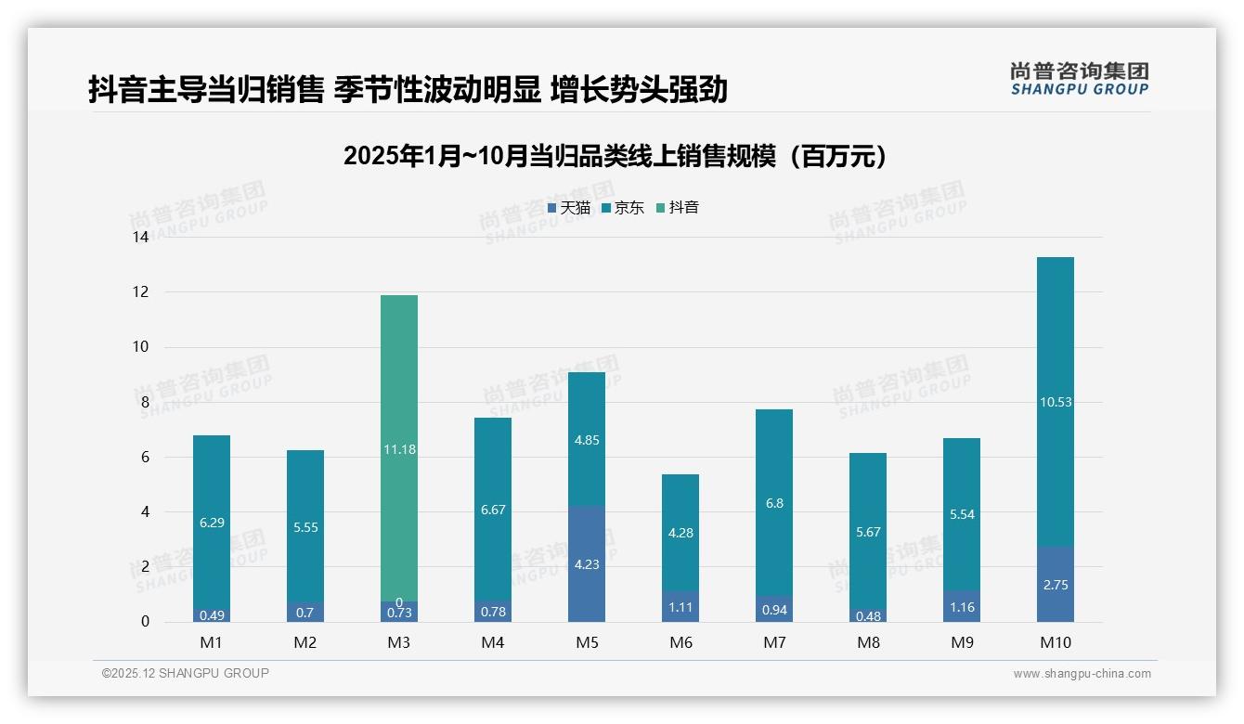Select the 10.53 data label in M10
tap(1055, 402)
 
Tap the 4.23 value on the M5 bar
tap(587, 564)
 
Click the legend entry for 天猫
tap(569, 208)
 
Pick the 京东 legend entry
tap(623, 208)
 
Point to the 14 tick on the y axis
tap(140, 238)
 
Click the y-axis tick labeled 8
tap(144, 403)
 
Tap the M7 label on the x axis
tap(774, 642)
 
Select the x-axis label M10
tap(1055, 642)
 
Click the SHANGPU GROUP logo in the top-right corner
tap(1080, 78)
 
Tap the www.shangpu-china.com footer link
tap(1082, 674)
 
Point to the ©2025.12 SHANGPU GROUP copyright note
tap(186, 674)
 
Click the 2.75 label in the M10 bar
tap(1055, 586)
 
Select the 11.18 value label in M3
tap(399, 449)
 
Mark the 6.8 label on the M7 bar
tap(774, 503)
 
